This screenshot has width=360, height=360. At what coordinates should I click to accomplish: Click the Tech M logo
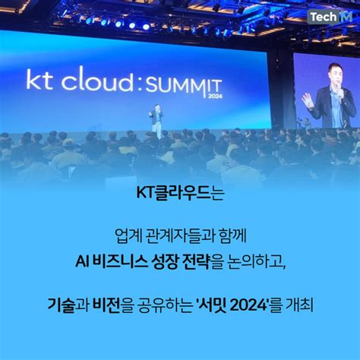(x=331, y=17)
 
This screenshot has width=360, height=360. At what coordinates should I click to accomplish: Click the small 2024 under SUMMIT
(x=215, y=96)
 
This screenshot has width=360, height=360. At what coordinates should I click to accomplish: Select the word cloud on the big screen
(x=97, y=78)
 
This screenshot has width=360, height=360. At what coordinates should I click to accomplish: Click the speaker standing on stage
(x=157, y=121)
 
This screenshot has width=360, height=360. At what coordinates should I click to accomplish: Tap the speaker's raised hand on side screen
(x=308, y=101)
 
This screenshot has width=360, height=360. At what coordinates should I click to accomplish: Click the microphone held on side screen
(x=341, y=93)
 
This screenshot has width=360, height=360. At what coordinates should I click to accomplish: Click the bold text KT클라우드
(x=173, y=193)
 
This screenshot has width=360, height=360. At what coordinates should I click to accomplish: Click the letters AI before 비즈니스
(x=82, y=262)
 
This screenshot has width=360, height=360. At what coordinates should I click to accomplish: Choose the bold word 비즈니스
(x=121, y=262)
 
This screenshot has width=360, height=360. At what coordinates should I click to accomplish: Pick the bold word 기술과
(x=68, y=305)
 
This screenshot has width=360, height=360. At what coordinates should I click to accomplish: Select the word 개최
(x=299, y=305)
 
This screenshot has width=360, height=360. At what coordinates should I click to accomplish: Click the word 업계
(x=128, y=236)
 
